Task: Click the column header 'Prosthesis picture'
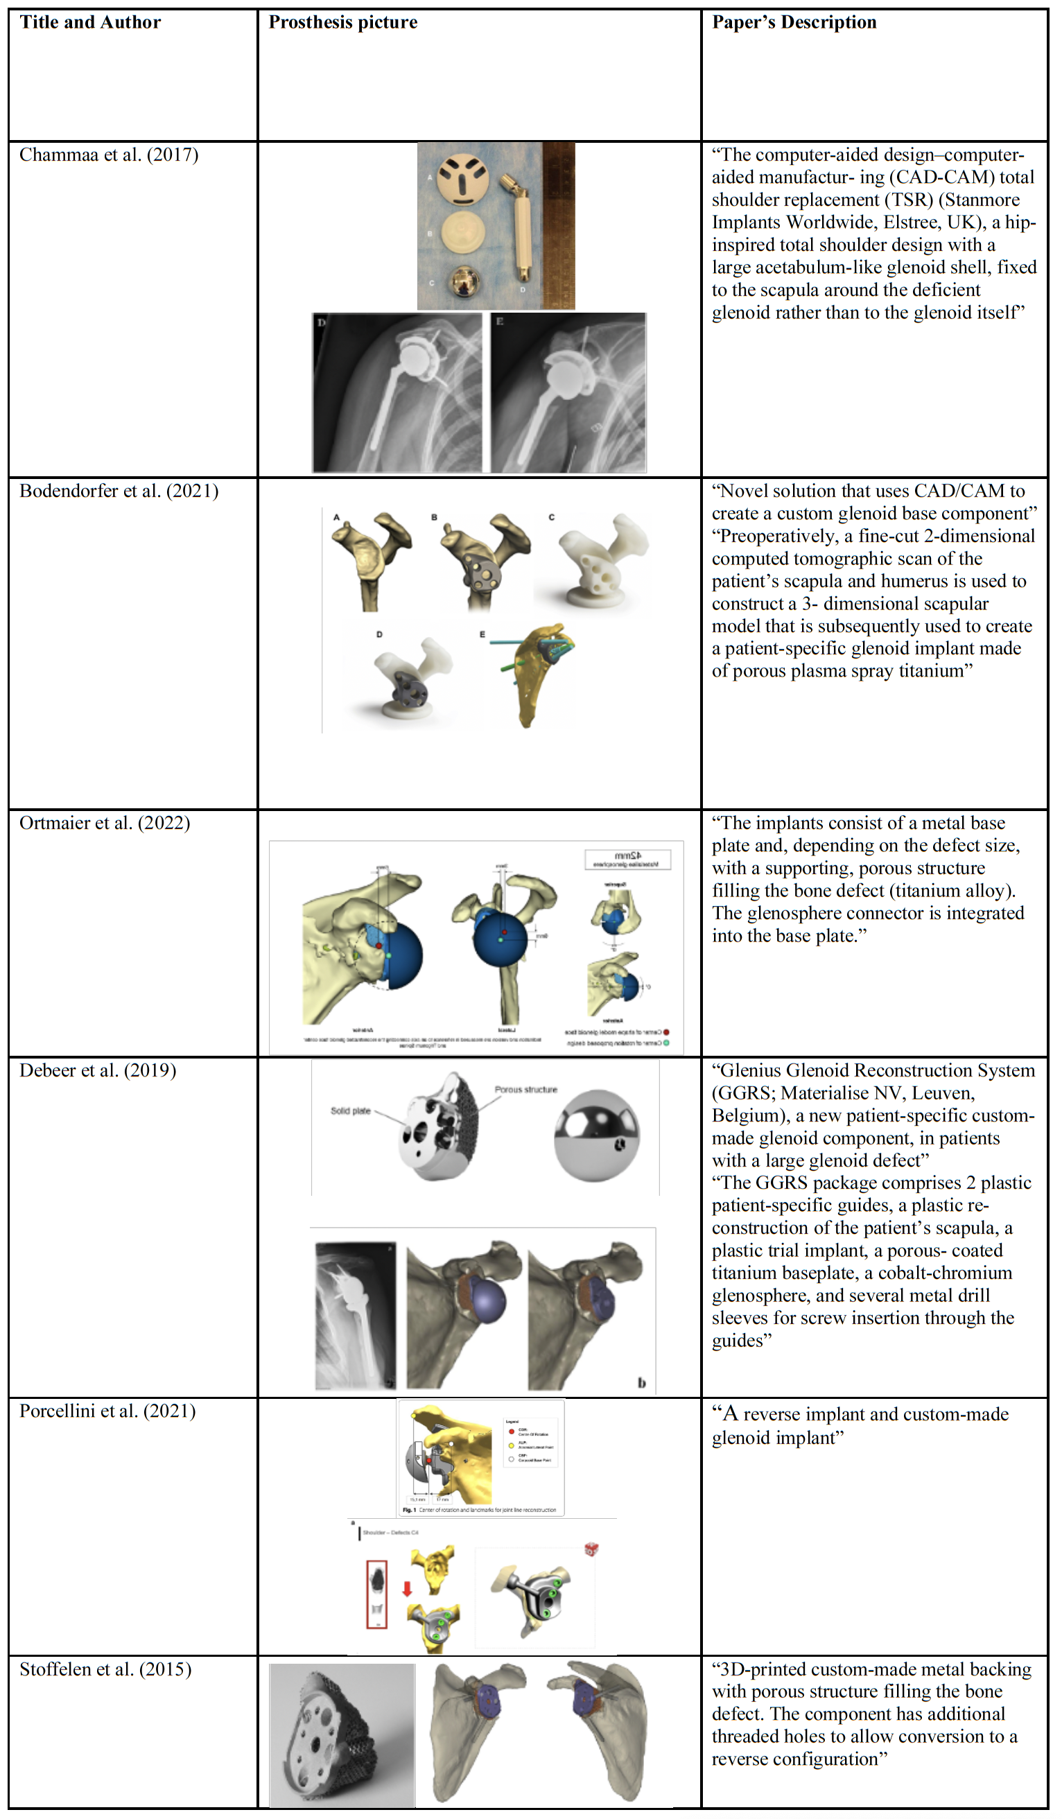click(343, 22)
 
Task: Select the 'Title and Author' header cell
click(90, 22)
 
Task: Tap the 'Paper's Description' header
click(794, 22)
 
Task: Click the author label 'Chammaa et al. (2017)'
click(108, 155)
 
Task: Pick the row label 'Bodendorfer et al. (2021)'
click(119, 491)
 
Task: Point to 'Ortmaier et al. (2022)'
click(105, 824)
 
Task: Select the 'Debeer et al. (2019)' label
click(98, 1070)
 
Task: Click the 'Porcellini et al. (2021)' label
click(107, 1411)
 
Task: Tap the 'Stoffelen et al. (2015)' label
click(105, 1669)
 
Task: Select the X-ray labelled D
click(397, 392)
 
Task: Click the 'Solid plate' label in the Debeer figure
click(350, 1111)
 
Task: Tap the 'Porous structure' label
click(525, 1090)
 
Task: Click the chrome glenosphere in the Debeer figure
click(596, 1135)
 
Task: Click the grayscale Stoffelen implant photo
click(342, 1734)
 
